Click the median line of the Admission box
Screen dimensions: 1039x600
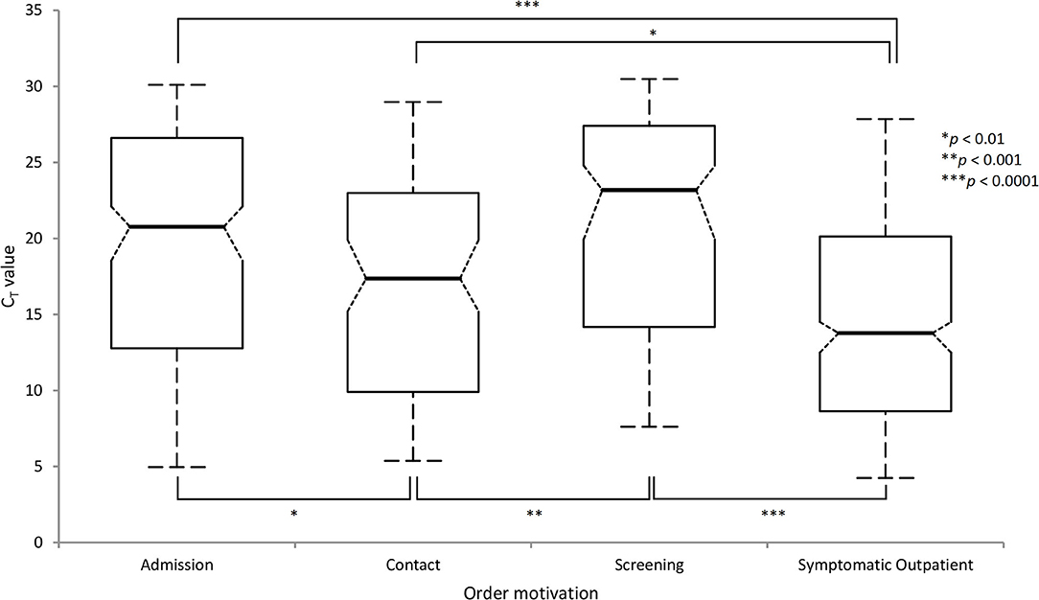(x=177, y=226)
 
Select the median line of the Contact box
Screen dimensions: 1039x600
(x=413, y=278)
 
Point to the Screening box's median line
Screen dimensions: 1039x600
(x=649, y=190)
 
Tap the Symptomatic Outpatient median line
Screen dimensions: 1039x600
(x=886, y=334)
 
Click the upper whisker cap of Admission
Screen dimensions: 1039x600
(x=177, y=84)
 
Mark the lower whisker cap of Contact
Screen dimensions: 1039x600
(x=413, y=460)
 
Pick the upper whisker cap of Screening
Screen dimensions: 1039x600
(x=649, y=79)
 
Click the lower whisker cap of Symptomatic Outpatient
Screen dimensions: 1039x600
(x=886, y=477)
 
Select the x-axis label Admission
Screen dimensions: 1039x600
(x=177, y=565)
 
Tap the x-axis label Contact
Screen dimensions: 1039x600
(x=413, y=565)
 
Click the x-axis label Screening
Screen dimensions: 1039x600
(x=649, y=565)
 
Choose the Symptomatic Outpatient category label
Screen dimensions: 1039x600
(x=886, y=565)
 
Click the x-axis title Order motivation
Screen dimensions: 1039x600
(x=530, y=592)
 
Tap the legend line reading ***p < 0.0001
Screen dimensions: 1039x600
(x=981, y=180)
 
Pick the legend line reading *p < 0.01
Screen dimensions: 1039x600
(x=973, y=138)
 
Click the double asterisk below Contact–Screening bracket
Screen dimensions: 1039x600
(x=534, y=513)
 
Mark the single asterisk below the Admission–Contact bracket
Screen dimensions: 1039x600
(x=293, y=513)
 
